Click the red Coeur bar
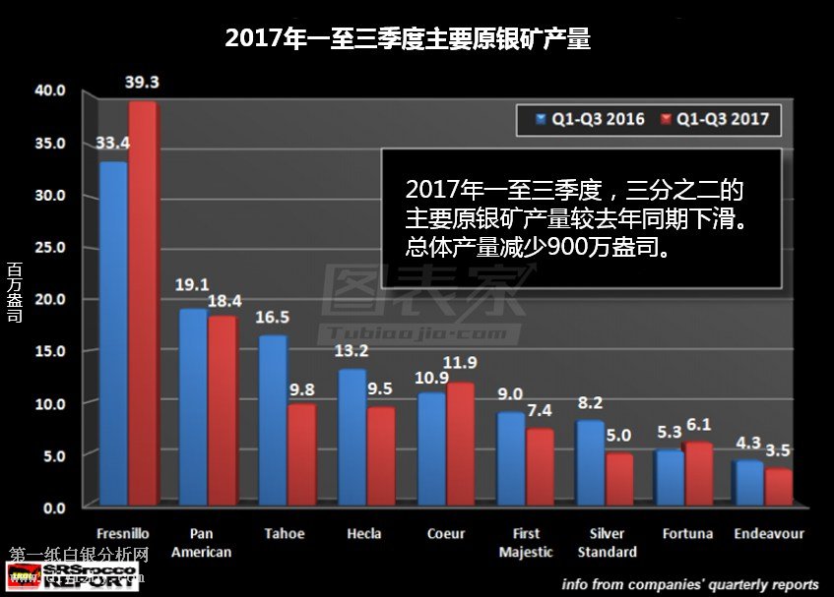point(461,443)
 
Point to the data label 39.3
point(143,82)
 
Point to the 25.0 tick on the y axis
point(49,247)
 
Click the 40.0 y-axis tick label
point(49,90)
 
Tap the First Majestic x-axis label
point(526,542)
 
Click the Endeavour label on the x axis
point(769,533)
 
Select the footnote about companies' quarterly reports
point(690,582)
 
